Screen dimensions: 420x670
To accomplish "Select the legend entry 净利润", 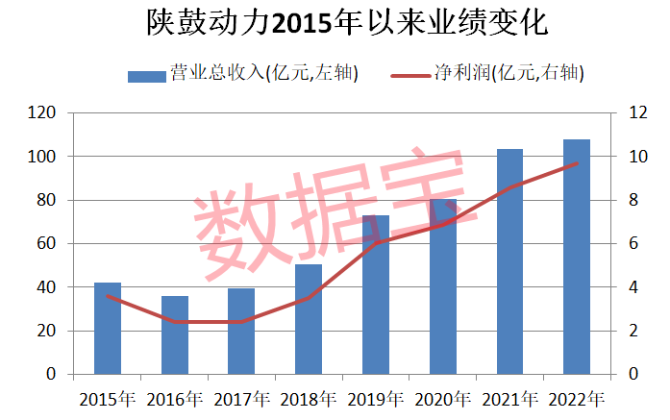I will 490,74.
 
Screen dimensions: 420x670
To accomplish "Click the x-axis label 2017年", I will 241,398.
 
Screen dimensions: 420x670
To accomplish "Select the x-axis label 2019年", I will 376,398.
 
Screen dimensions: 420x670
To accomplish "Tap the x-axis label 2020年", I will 443,398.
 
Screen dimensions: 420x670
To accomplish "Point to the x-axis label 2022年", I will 577,398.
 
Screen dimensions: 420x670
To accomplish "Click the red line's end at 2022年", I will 577,163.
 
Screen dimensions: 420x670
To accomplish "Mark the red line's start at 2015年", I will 108,296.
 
